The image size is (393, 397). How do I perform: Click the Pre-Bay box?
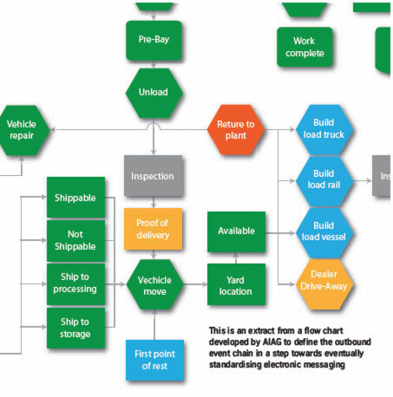click(x=154, y=40)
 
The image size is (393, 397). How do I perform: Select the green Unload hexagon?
click(x=154, y=92)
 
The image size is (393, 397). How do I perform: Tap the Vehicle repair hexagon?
click(x=22, y=130)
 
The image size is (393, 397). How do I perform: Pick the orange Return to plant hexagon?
click(x=236, y=130)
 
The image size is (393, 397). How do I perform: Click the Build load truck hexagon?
click(x=323, y=129)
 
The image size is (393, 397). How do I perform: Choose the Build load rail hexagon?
click(x=323, y=179)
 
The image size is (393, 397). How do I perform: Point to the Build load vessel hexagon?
click(x=323, y=231)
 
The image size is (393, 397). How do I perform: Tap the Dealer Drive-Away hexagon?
click(x=323, y=280)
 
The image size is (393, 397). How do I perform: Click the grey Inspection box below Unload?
click(x=153, y=176)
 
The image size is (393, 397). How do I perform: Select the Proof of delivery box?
click(x=153, y=229)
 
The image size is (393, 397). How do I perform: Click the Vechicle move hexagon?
click(x=154, y=285)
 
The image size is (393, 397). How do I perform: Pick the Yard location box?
click(x=236, y=285)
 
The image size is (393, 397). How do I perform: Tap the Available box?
click(x=236, y=231)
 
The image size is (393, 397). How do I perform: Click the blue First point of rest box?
click(x=155, y=360)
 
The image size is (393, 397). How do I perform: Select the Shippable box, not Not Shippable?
click(x=75, y=198)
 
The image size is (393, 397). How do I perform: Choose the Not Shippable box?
click(x=75, y=240)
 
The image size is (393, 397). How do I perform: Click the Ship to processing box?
click(x=75, y=283)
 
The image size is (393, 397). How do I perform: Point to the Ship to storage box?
click(x=75, y=327)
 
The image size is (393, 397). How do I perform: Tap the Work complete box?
click(x=304, y=47)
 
